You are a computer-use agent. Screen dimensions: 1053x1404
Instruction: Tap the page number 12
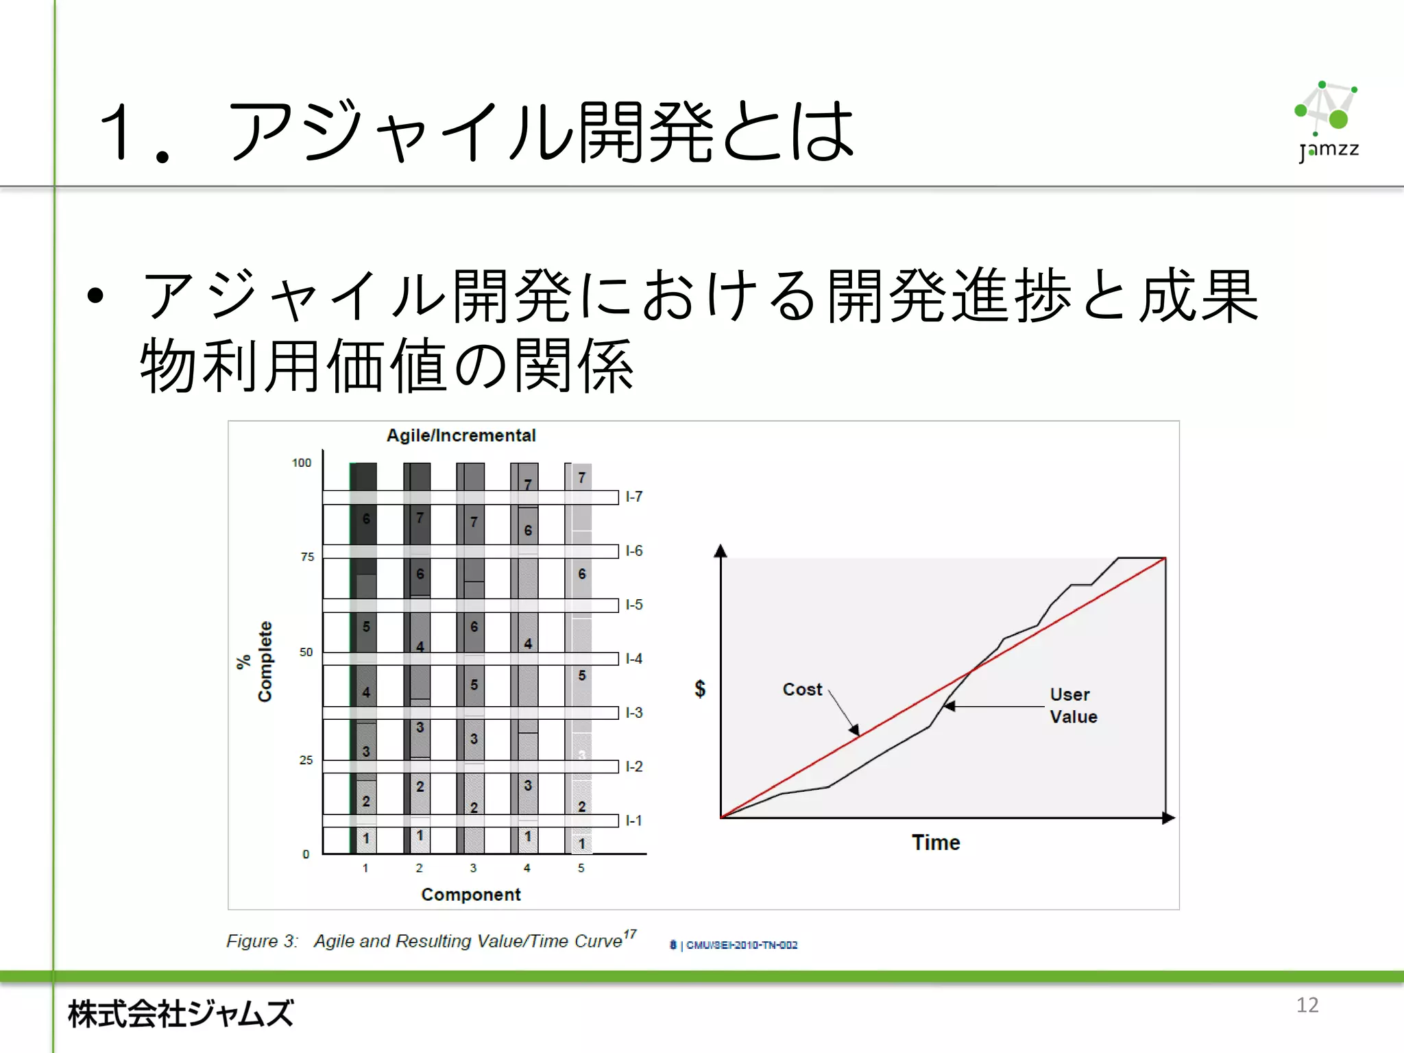(x=1307, y=1005)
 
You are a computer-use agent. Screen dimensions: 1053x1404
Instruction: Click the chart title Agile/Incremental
(x=461, y=435)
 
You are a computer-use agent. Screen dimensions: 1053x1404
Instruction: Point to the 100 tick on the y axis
(x=302, y=463)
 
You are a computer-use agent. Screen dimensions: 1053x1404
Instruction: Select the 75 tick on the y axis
(x=307, y=557)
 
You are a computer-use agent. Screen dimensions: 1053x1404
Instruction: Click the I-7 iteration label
(x=634, y=496)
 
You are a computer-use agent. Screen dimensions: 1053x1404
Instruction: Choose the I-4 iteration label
(x=634, y=659)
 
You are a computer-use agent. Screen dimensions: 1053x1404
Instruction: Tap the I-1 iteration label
(x=634, y=821)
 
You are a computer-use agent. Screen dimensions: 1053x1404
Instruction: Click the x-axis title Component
(x=471, y=895)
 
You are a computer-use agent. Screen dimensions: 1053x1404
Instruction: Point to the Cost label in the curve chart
(x=802, y=690)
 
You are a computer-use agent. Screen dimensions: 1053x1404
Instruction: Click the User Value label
(x=1073, y=705)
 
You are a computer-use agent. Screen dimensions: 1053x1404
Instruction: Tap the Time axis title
(x=936, y=843)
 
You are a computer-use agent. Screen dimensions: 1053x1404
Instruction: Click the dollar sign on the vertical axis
(x=700, y=688)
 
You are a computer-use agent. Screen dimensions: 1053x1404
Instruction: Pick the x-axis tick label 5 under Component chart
(x=581, y=868)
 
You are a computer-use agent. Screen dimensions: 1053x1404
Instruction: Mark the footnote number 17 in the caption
(x=630, y=934)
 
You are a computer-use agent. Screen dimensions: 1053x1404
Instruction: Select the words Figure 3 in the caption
(x=261, y=941)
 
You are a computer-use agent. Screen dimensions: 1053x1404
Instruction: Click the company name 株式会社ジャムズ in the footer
(x=181, y=1013)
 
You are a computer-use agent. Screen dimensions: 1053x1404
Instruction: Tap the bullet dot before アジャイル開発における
(x=95, y=295)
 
